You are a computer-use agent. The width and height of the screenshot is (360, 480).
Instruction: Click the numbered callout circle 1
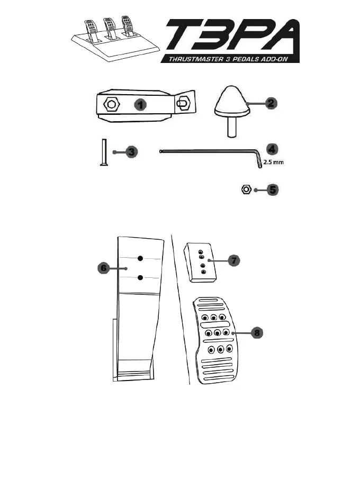[x=140, y=105]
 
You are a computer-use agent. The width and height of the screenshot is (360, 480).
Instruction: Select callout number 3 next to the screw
[x=132, y=152]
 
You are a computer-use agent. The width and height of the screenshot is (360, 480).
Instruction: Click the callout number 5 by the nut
[x=272, y=189]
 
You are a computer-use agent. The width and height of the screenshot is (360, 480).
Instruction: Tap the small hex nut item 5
[x=246, y=189]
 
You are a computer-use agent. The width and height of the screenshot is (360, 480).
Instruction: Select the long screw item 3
[x=103, y=152]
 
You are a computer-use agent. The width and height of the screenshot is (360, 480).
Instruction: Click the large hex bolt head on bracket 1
[x=111, y=104]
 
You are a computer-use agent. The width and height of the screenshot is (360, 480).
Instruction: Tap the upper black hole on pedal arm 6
[x=140, y=258]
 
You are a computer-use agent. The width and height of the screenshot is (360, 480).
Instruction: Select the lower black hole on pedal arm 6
[x=140, y=278]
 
